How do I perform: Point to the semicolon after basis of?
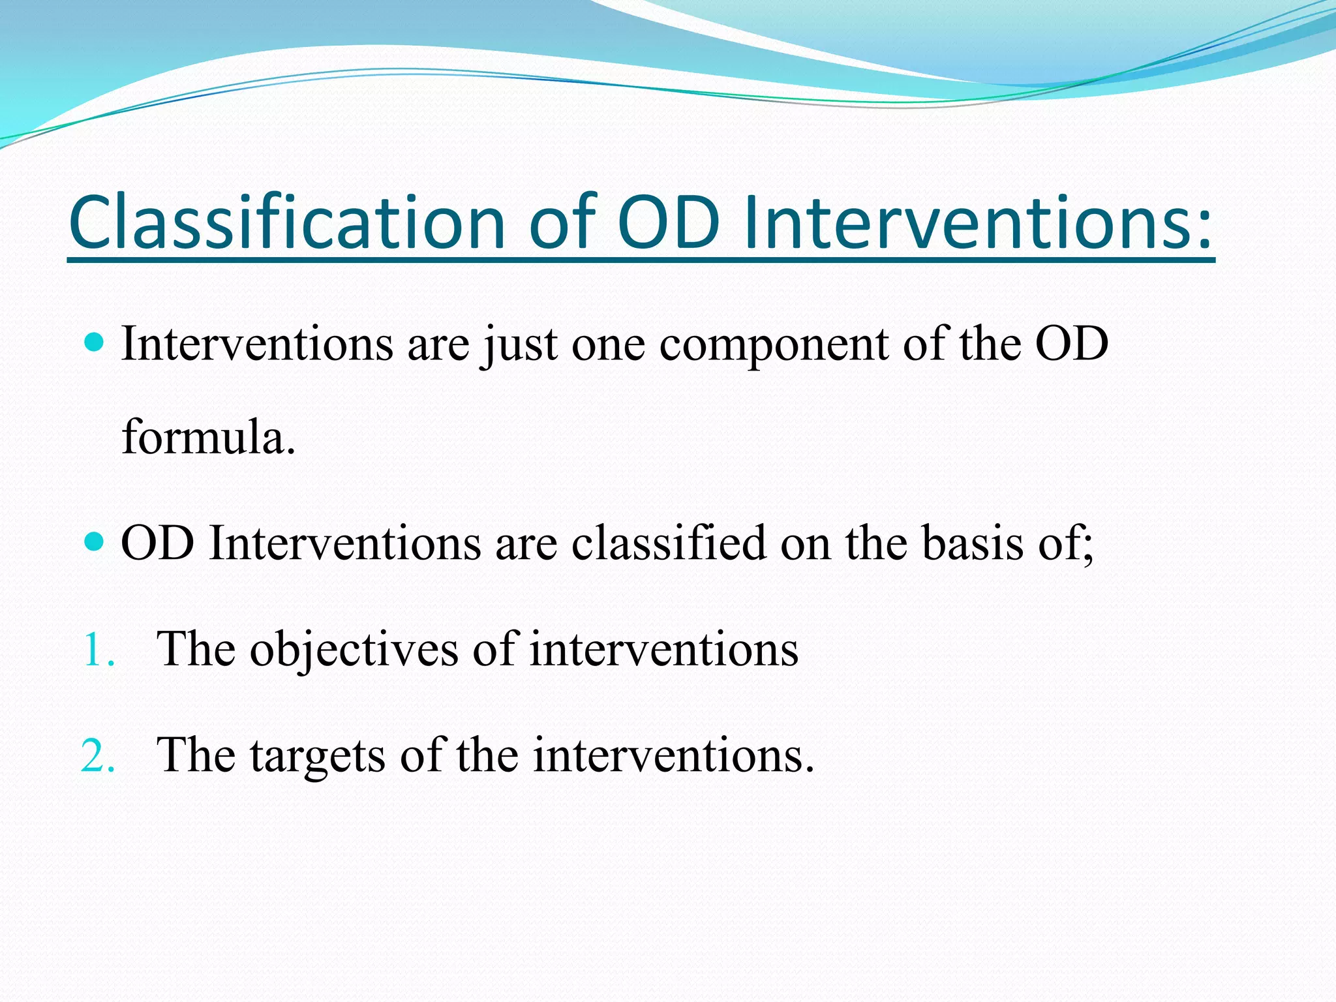[1087, 548]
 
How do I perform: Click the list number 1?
[98, 650]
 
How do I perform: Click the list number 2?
[98, 756]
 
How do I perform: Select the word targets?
[318, 756]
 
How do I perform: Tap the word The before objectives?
[196, 649]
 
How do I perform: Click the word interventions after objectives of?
[663, 650]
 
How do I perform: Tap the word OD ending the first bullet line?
[1072, 344]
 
